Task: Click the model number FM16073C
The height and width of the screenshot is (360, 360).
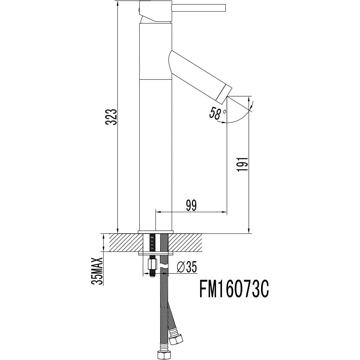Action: (234, 290)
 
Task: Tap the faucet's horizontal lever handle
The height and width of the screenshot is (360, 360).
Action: (199, 8)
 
